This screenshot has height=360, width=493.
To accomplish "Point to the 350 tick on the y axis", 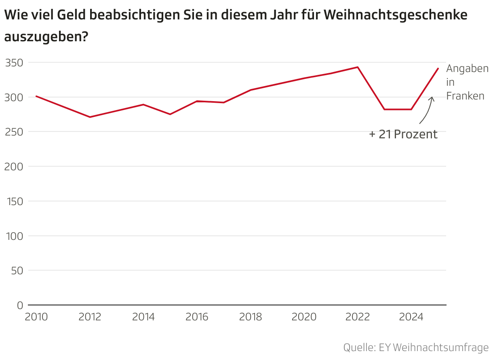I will coord(15,63).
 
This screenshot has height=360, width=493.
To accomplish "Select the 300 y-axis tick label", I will coord(15,97).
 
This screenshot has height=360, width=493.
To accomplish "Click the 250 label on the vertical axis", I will coord(15,132).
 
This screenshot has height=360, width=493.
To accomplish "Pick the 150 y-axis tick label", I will coord(15,201).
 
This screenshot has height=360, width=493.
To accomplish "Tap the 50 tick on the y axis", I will coord(17,271).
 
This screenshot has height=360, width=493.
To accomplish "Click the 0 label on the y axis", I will coord(20,305).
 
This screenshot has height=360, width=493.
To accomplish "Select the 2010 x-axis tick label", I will coord(36,317).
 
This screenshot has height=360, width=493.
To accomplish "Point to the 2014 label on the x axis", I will coord(143,317).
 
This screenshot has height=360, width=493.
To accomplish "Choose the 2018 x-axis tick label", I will coord(251,317).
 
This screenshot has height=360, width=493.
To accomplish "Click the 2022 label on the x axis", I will coord(358,317).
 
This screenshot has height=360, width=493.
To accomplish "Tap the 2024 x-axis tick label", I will coord(411,317).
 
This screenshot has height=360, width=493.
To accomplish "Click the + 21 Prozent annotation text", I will coord(403,134).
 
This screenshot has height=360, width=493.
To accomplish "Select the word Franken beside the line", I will coord(465,96).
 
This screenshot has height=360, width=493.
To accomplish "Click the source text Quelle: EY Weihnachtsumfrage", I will coord(416,347).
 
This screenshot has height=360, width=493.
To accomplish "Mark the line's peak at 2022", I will coord(358,67).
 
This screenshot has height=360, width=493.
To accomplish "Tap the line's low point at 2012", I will coord(90,117).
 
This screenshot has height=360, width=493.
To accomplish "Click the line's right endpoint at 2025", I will coord(438,68).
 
